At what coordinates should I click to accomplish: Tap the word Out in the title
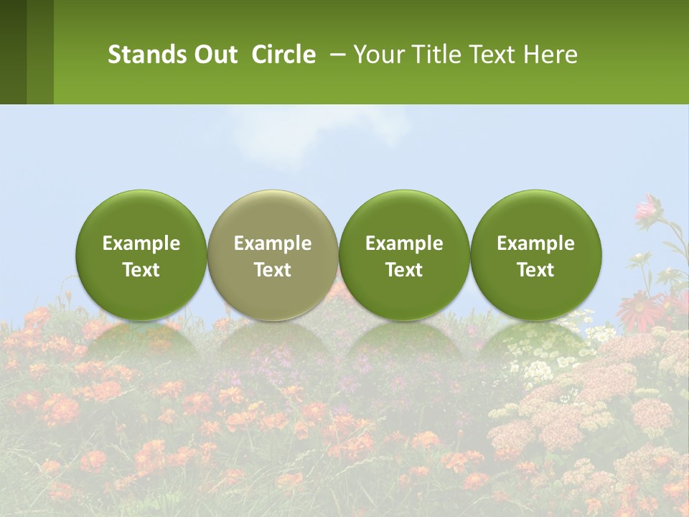213,55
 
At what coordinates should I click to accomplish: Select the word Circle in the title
283,55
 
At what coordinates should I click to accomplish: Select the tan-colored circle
273,255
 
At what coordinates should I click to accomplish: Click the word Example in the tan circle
273,243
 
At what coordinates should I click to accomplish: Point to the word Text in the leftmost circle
141,270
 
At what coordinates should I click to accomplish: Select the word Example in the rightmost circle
535,243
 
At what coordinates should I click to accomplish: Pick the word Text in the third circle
404,270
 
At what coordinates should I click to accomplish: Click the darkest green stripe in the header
13,52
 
